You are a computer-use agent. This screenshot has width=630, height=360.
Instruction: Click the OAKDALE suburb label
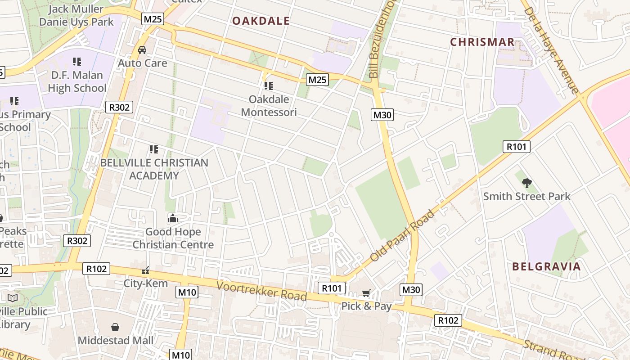coord(261,21)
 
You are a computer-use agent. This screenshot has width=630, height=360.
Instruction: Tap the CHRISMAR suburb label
coord(482,42)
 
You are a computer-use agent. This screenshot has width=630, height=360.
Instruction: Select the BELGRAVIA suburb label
coord(546,266)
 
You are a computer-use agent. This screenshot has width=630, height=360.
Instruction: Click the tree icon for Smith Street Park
coord(526,183)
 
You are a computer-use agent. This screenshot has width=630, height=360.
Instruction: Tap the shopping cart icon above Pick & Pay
coord(366,293)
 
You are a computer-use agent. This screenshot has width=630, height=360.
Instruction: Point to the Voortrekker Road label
coord(261,291)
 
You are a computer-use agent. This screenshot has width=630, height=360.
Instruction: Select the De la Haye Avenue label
coord(551,49)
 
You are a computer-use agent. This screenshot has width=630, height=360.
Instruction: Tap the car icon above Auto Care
coord(142,50)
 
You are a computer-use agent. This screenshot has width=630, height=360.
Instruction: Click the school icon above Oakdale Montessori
coord(269,85)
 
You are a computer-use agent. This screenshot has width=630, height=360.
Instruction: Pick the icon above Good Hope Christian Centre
coord(173,219)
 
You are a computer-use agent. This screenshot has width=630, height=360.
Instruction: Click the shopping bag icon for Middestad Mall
coord(115,327)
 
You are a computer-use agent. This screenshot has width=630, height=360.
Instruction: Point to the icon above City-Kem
coord(145,270)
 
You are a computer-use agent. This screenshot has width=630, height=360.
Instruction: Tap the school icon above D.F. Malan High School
coord(77,61)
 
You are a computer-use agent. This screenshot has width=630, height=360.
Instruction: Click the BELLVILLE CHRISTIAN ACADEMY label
coord(154,169)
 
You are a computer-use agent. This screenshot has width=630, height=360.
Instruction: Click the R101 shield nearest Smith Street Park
coord(516,146)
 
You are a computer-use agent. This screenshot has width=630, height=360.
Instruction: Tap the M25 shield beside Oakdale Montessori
coord(317,80)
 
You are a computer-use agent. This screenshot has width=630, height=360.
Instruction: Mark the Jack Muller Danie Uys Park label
coord(76,15)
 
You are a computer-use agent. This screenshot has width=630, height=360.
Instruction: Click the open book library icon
coord(13,298)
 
